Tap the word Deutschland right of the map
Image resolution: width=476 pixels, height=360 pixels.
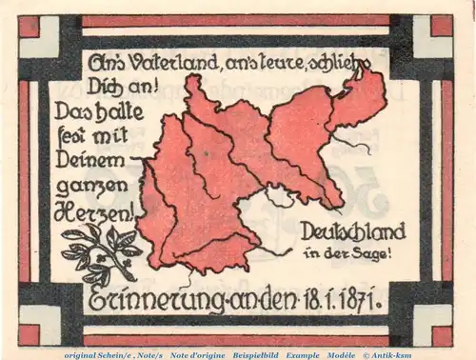click(x=352, y=230)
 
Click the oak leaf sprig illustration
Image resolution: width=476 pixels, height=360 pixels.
click(x=99, y=250)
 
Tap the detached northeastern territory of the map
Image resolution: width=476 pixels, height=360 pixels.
click(x=358, y=96)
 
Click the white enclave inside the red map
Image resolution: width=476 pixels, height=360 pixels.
click(x=279, y=197)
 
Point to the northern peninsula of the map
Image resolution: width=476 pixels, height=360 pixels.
click(x=197, y=89)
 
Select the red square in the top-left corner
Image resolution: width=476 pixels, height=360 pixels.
click(x=29, y=26)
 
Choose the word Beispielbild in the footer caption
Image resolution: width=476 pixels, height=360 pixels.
click(x=254, y=353)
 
